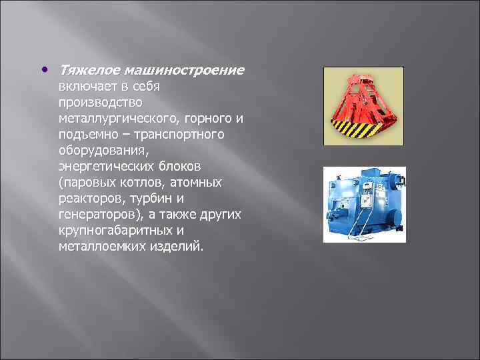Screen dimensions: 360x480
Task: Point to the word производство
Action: click(95, 103)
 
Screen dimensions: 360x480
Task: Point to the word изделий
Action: click(179, 247)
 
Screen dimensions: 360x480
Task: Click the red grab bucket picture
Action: click(364, 107)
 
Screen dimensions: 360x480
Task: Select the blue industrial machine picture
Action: click(364, 204)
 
